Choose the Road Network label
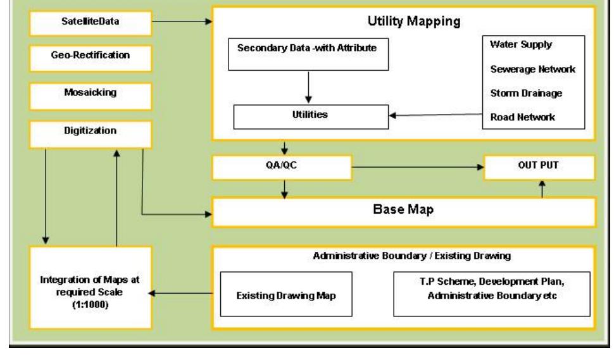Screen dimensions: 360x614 [x=523, y=116]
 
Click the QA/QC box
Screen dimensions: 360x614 [x=281, y=168]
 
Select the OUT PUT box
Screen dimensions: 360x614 [x=539, y=168]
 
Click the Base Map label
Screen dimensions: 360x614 [x=403, y=212]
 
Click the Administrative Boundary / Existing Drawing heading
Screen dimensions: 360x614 [x=403, y=257]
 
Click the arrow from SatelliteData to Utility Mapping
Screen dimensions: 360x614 [x=182, y=22]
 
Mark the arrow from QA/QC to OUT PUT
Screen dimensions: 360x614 [x=417, y=168]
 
